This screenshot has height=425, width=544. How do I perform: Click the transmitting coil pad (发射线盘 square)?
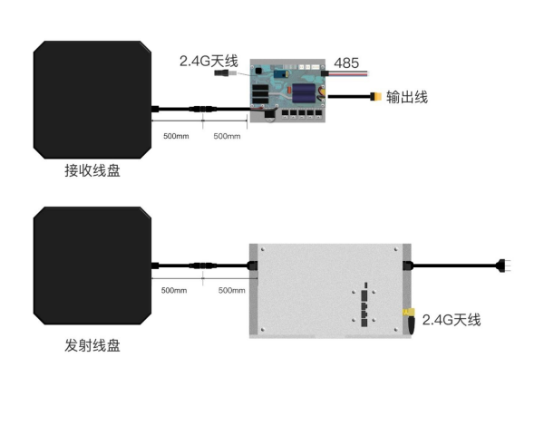pyautogui.click(x=92, y=266)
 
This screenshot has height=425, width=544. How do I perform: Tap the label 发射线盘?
pyautogui.click(x=92, y=345)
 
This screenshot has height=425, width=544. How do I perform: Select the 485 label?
pyautogui.click(x=345, y=63)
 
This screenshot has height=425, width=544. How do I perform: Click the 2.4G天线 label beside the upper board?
pyautogui.click(x=208, y=62)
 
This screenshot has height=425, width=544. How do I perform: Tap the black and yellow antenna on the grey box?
pyautogui.click(x=409, y=320)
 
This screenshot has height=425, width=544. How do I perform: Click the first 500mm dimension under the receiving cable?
pyautogui.click(x=175, y=136)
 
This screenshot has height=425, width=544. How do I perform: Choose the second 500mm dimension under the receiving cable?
pyautogui.click(x=227, y=136)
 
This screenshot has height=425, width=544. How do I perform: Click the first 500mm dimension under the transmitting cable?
pyautogui.click(x=174, y=291)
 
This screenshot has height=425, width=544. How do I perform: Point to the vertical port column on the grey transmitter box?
pyautogui.click(x=364, y=304)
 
